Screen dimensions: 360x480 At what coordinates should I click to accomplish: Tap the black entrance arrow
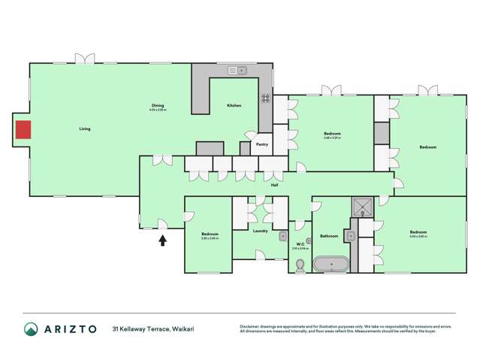(163, 241)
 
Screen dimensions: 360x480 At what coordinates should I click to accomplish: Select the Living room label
(85, 129)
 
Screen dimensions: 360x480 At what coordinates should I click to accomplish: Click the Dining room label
(157, 105)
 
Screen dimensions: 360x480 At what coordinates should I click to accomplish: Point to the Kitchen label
(234, 105)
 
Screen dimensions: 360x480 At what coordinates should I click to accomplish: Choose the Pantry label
(261, 144)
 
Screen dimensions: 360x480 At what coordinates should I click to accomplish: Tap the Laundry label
(261, 231)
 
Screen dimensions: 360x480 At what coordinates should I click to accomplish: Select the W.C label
(300, 244)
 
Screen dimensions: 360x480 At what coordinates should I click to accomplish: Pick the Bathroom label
(329, 236)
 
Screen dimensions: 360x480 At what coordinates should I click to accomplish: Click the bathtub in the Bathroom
(331, 265)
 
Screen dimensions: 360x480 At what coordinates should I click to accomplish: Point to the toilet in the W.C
(300, 265)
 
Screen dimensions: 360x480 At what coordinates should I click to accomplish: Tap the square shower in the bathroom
(364, 206)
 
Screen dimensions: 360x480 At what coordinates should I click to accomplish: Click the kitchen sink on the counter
(237, 71)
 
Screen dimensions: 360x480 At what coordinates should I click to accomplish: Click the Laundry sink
(283, 236)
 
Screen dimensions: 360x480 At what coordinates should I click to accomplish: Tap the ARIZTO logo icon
(31, 329)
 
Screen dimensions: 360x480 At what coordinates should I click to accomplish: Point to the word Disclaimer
(250, 326)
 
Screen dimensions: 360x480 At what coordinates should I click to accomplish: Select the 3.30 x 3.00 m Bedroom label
(210, 234)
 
